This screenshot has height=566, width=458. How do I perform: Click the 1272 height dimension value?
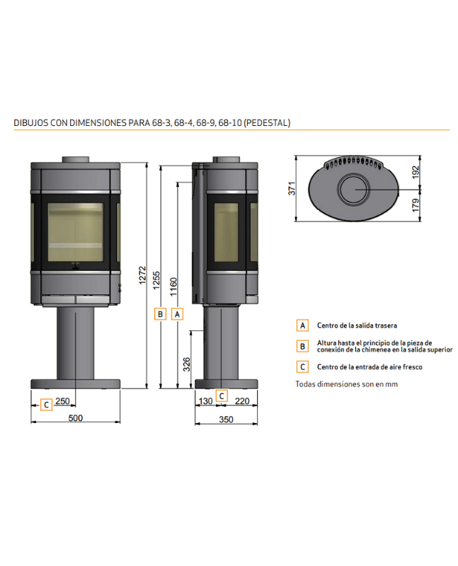click(x=143, y=278)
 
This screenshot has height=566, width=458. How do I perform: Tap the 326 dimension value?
click(x=187, y=364)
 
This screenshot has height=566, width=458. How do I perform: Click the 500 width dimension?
click(x=76, y=418)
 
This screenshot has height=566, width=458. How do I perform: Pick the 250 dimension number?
click(x=62, y=401)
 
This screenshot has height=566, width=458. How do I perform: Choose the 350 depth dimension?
click(x=226, y=419)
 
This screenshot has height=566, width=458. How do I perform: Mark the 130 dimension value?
click(x=205, y=401)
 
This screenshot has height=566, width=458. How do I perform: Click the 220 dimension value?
click(x=241, y=401)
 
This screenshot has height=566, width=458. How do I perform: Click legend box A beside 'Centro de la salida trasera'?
click(x=302, y=325)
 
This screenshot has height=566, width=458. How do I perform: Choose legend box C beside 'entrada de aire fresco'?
click(x=302, y=366)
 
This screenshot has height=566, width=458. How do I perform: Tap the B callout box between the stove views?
click(x=161, y=313)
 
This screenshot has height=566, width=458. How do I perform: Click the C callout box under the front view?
click(x=46, y=405)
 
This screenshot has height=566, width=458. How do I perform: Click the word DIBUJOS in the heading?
click(x=30, y=122)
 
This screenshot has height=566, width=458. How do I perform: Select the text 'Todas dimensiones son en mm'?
click(x=347, y=384)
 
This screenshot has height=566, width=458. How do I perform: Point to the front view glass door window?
click(x=75, y=231)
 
